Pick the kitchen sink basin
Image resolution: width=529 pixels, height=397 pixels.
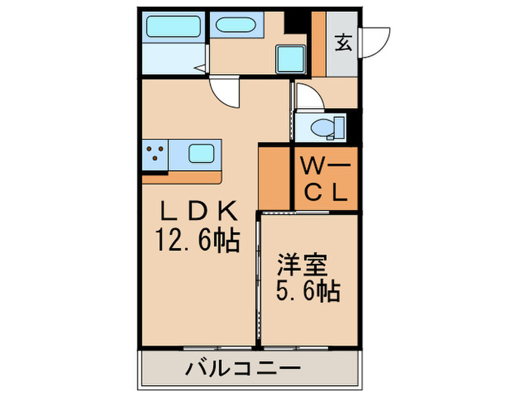tap(200, 155)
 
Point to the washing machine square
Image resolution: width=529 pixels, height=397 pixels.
tap(289, 57)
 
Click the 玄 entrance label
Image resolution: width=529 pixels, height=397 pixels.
tap(343, 42)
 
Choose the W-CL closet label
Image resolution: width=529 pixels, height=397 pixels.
tap(325, 178)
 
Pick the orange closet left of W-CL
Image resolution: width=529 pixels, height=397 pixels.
tap(275, 178)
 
